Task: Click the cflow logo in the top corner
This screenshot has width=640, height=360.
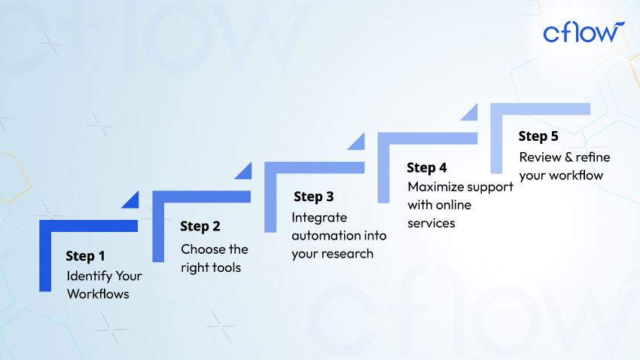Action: pos(584,32)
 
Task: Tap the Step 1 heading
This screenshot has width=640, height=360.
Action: pos(85,256)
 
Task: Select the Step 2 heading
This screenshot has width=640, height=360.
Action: pos(200,226)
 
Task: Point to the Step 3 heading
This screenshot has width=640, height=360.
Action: pos(313,197)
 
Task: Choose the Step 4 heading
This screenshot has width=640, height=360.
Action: pos(426,167)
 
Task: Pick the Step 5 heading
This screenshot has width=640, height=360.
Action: pos(538,136)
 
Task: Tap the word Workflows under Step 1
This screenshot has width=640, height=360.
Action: pos(98,294)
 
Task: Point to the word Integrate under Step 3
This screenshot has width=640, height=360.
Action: pos(319,218)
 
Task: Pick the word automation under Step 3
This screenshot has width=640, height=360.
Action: pos(323,236)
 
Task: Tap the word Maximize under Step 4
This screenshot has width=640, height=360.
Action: pos(435,187)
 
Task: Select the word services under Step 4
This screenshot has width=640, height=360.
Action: pos(431,223)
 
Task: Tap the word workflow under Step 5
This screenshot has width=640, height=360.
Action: pos(576,175)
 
